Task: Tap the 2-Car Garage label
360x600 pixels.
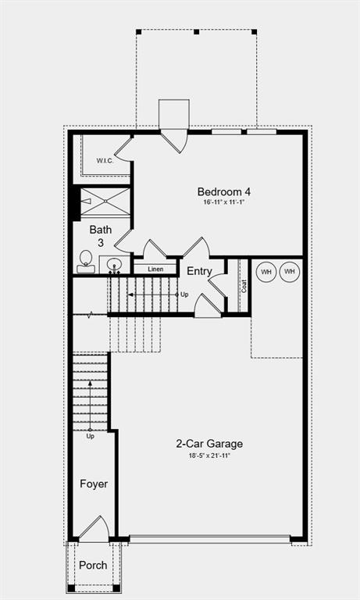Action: [209, 444]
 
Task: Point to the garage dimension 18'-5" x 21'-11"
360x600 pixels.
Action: [209, 455]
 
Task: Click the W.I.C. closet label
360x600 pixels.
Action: [105, 161]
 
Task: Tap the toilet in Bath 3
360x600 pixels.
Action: [86, 262]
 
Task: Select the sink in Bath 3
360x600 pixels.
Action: [114, 264]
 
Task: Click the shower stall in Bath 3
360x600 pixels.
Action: [105, 202]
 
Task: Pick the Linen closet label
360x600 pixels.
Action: [155, 269]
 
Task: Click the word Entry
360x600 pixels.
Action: [199, 271]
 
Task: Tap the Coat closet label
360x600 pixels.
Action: [244, 286]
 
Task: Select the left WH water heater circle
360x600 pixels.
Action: [266, 272]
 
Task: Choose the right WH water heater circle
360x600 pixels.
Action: [290, 272]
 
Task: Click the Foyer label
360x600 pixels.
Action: [94, 484]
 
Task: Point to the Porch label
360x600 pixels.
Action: [93, 565]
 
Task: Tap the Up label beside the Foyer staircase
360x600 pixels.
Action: [91, 436]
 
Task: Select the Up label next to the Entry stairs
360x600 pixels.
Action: [184, 295]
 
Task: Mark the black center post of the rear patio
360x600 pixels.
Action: [196, 32]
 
